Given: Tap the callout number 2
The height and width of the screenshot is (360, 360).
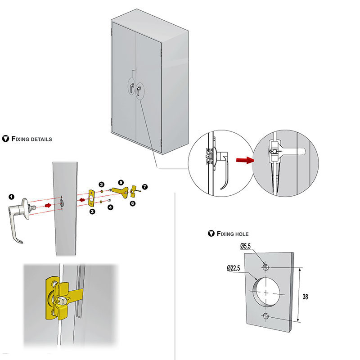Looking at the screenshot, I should (92, 211).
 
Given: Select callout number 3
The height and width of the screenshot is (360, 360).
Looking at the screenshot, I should (102, 184).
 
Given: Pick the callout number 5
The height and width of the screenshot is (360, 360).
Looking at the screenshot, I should (120, 182).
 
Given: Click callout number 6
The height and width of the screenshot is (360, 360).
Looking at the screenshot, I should (132, 203).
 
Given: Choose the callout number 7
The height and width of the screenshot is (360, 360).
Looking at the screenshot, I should (144, 186).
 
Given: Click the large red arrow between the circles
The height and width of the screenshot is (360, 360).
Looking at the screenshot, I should (245, 159).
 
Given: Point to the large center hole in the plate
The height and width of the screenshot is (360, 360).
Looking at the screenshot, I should (266, 292).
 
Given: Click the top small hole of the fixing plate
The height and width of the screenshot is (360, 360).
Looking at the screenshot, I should (266, 267).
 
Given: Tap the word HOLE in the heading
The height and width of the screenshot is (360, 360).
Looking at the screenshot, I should (241, 234).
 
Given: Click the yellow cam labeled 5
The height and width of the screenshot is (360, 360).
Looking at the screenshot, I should (119, 192).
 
